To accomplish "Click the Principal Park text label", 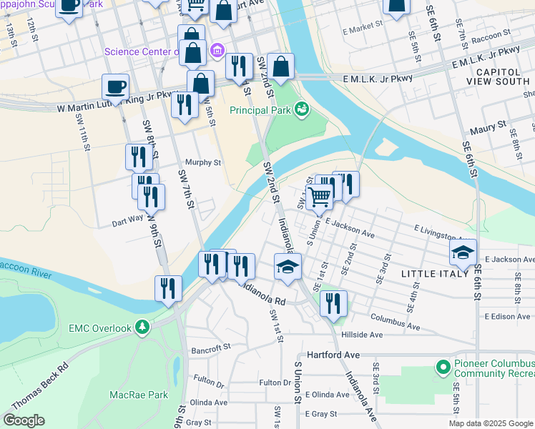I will point(260,110).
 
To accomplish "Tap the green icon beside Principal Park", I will point(303,109).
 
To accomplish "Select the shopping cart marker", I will point(320,196).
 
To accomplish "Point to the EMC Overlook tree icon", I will point(143,327).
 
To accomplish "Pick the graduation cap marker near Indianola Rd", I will point(288,268).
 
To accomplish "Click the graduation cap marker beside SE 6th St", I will point(463,252).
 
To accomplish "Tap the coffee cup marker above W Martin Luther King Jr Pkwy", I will point(115,88).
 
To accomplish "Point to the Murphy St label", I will point(203,162).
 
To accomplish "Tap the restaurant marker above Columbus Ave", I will point(333,304).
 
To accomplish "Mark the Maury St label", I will point(488,131).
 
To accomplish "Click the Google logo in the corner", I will point(24,420).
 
